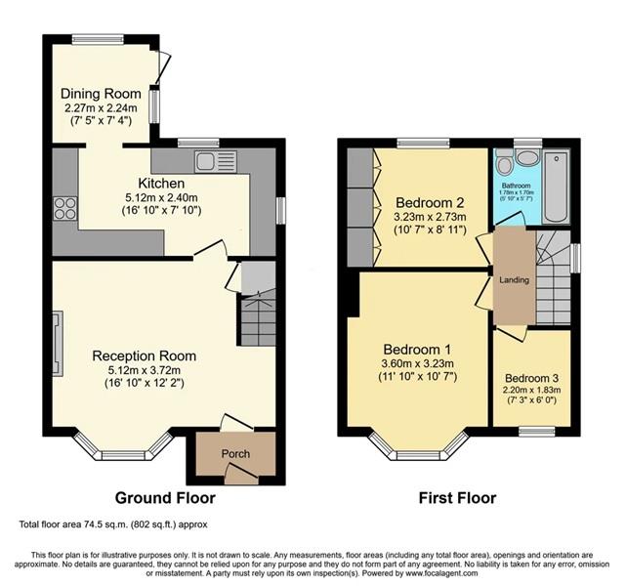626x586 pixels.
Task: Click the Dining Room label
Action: (95, 94)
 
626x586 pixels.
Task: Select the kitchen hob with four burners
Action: (64, 208)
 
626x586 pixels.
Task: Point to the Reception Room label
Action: (144, 356)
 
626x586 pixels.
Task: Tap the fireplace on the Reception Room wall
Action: (57, 338)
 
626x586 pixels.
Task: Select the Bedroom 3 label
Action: (533, 380)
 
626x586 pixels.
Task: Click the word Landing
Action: (514, 280)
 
